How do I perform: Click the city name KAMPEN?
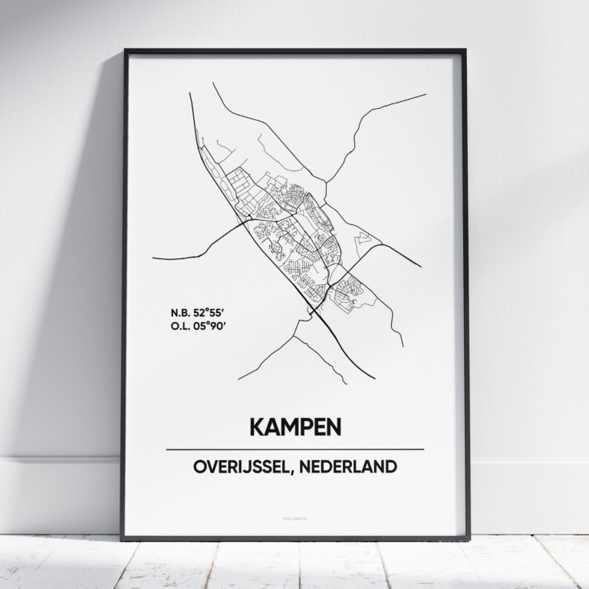click(294, 426)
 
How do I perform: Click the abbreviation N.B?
click(182, 313)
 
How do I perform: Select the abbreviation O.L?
click(182, 326)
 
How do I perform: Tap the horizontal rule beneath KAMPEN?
click(294, 449)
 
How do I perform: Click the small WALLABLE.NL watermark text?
click(294, 518)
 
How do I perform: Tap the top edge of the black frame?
click(294, 51)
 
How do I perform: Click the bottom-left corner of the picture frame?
click(122, 538)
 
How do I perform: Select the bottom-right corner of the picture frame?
click(469, 538)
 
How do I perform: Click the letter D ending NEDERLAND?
click(391, 466)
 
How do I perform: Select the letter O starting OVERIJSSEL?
click(199, 466)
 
